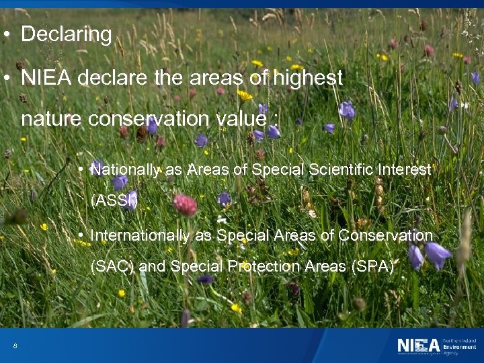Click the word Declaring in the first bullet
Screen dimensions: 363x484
pos(66,34)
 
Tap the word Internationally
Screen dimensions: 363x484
pos(140,235)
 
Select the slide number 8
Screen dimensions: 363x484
pos(15,346)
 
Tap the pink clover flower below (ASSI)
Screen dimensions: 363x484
pos(185,205)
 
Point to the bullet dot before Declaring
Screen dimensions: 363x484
pos(5,34)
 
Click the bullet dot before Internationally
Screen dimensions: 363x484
pos(80,235)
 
